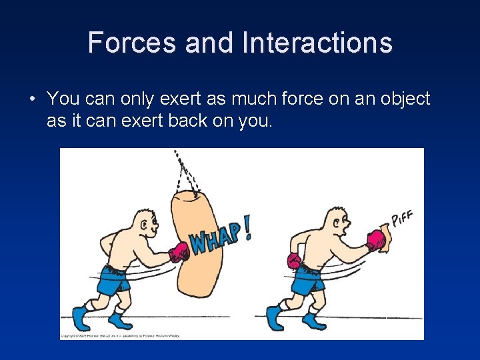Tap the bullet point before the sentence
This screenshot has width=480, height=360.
(32, 100)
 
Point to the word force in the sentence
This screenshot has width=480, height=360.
(281, 99)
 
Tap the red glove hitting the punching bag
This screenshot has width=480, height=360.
(179, 252)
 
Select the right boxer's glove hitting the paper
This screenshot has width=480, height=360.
(375, 240)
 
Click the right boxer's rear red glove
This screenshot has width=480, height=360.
(294, 261)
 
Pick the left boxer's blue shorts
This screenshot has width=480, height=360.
(113, 280)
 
